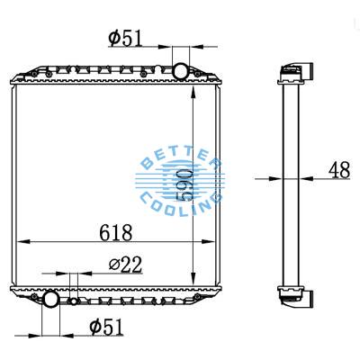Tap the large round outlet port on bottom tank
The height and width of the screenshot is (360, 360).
(x=51, y=298)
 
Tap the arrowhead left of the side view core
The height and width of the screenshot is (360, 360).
(x=275, y=179)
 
